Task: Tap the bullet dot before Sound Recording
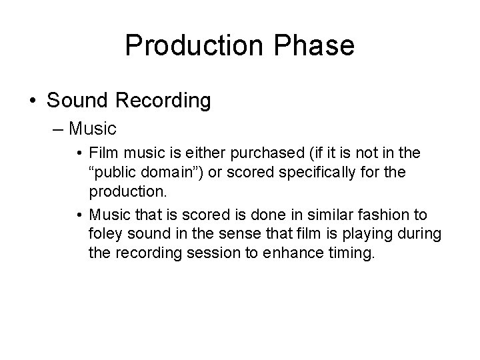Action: [x=33, y=101]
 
